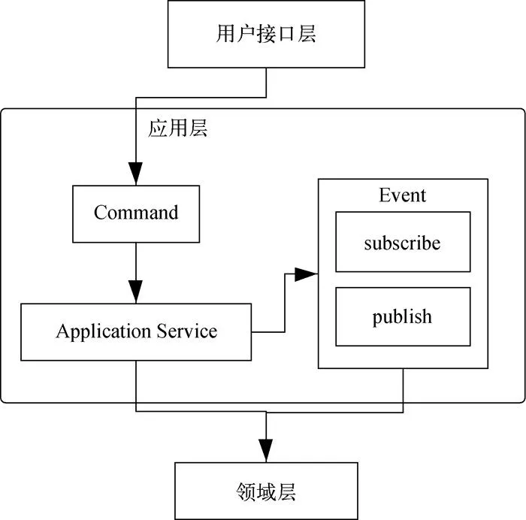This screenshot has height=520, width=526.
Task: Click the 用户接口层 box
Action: [266, 35]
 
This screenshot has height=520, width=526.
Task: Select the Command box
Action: [136, 213]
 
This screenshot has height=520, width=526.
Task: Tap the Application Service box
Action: [136, 331]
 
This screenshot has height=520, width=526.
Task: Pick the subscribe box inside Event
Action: [403, 242]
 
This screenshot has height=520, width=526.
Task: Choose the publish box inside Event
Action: [403, 316]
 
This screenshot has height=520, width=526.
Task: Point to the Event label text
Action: [403, 195]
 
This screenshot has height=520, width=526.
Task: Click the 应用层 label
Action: [178, 128]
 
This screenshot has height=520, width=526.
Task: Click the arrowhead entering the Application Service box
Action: [136, 294]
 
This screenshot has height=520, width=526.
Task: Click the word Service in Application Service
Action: [187, 331]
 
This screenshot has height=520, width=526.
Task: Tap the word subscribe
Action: [403, 243]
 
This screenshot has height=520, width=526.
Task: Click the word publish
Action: [403, 317]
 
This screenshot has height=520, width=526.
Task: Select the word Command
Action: [136, 213]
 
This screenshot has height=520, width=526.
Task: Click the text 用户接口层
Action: [266, 35]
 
